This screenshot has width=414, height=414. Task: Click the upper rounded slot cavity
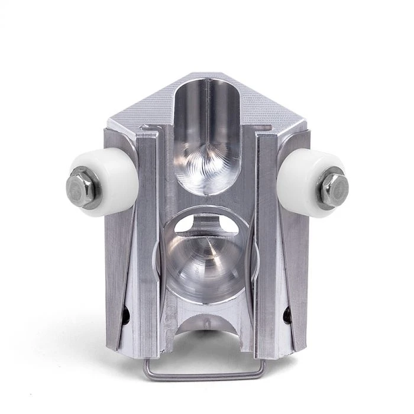point(207,136)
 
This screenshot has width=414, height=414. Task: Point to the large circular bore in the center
point(207,254)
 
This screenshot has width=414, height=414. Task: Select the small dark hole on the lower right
point(287,316)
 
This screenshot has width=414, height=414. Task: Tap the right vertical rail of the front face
point(266,248)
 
